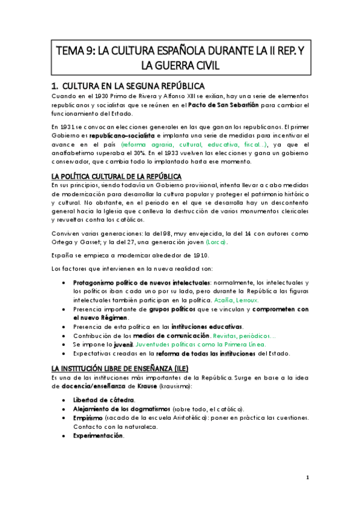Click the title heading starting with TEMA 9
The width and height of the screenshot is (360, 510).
pyautogui.click(x=180, y=54)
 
